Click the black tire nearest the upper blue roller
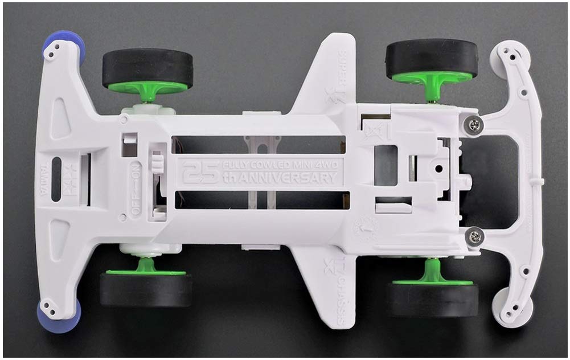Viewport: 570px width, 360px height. pos(147,68)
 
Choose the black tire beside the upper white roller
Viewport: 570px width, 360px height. pos(431,59)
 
